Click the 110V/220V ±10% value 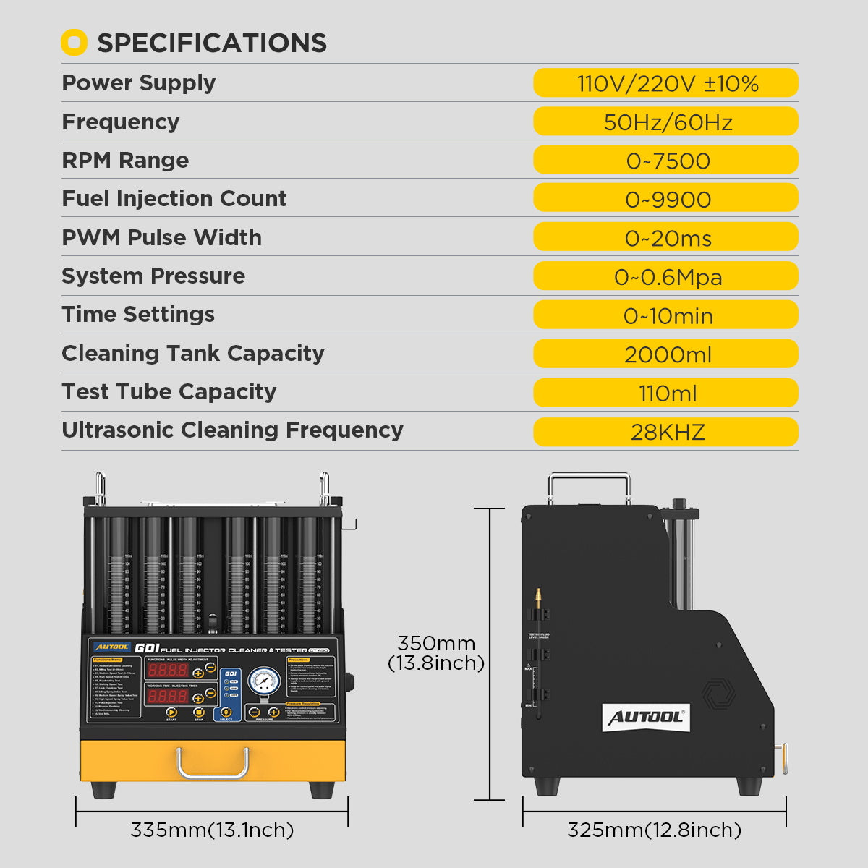coord(666,83)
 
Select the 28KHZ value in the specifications coord(666,432)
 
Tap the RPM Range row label coord(125,160)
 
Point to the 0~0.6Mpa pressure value coord(666,277)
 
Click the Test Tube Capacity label coord(169,391)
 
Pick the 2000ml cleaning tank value coord(666,354)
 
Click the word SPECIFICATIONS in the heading coord(212,43)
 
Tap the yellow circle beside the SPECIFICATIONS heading coord(74,43)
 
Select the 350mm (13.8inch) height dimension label coord(436,652)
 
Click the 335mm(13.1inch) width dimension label coord(212,830)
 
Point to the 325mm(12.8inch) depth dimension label coord(654,830)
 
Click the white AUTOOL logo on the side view coord(645,717)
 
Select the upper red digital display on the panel coord(168,670)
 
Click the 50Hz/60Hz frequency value coord(666,122)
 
